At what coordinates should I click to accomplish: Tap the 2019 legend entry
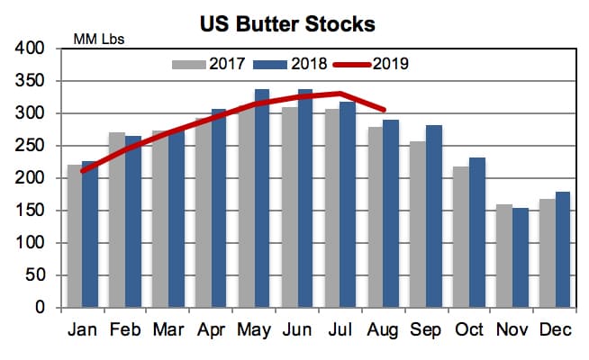(x=374, y=64)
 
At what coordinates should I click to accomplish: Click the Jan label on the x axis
(x=82, y=330)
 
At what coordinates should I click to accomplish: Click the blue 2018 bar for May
(x=262, y=198)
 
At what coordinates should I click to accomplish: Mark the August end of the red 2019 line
(x=385, y=110)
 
